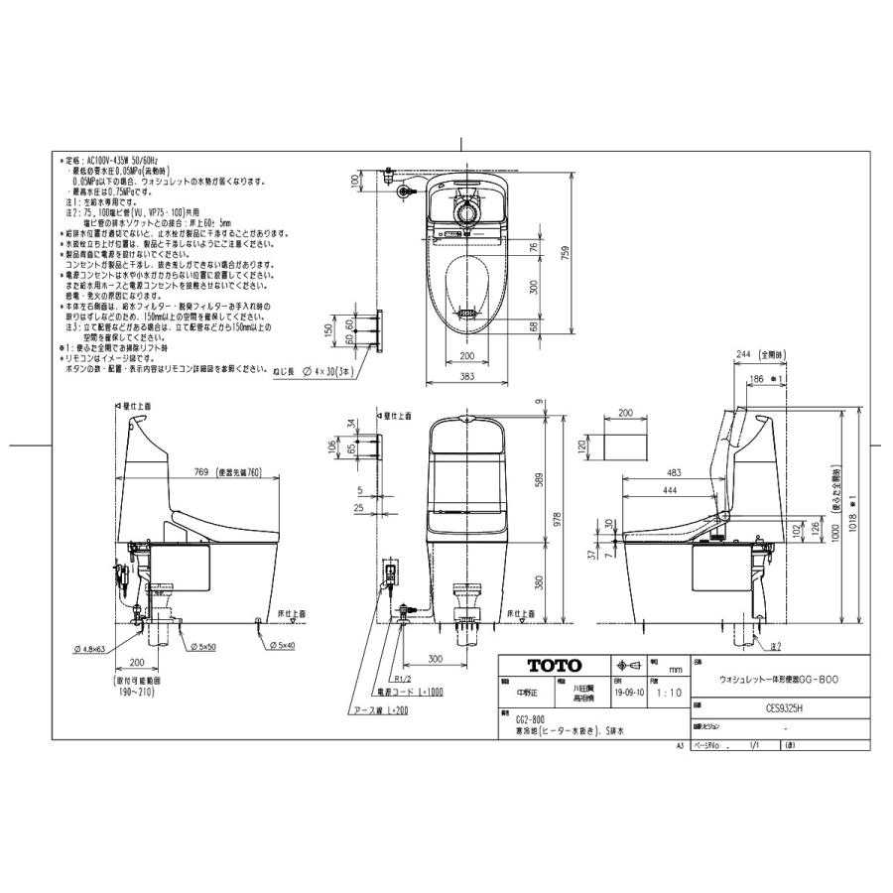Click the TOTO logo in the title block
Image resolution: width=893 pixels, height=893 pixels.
click(x=553, y=666)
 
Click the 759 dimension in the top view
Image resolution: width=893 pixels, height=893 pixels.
click(x=563, y=254)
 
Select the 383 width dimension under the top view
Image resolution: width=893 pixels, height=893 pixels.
click(x=465, y=377)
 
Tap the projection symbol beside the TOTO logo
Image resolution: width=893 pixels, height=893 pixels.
click(x=630, y=666)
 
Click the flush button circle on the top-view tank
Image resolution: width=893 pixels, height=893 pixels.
click(x=465, y=211)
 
